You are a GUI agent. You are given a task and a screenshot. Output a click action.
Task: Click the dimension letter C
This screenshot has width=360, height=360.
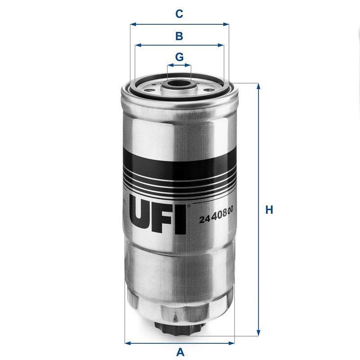click(x=179, y=14)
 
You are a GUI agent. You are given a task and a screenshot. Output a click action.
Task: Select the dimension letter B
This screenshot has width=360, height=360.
click(x=179, y=36)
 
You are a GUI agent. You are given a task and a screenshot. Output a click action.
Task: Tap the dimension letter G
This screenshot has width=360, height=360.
click(x=179, y=57)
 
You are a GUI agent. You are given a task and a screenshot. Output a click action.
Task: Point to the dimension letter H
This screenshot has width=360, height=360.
click(x=269, y=210)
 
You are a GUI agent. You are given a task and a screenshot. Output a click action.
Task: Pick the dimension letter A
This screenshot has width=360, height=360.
click(x=180, y=352)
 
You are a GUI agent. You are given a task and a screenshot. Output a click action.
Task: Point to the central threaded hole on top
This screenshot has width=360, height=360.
click(x=179, y=83)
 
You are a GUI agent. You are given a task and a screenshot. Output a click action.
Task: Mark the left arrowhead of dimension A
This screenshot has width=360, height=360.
click(x=127, y=341)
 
